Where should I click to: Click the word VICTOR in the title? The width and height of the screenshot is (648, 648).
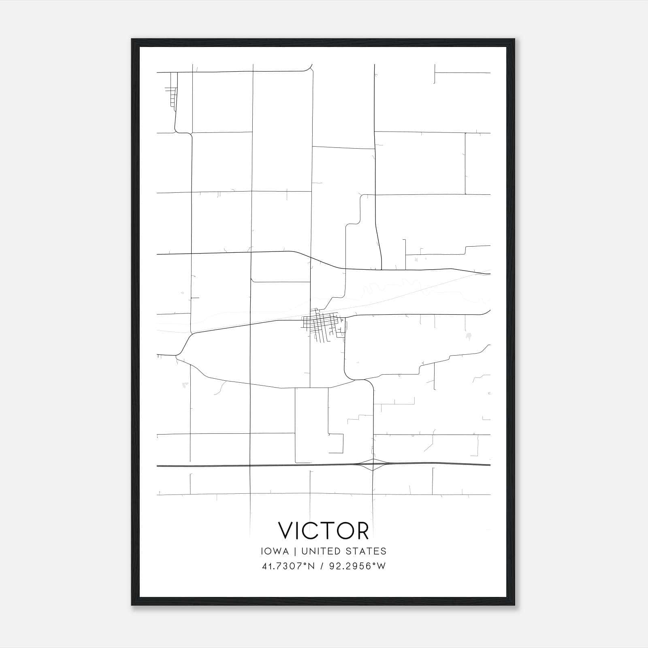point(323,531)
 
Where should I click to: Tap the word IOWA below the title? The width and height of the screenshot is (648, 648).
point(275,551)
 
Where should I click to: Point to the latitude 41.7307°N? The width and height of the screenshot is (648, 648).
point(288,566)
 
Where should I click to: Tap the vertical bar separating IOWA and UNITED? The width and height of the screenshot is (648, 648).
point(295,551)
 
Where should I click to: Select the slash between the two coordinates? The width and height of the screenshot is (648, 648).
point(321,566)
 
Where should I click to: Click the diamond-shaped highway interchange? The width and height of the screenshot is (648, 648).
point(373,465)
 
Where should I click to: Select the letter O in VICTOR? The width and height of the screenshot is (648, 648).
point(343,531)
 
